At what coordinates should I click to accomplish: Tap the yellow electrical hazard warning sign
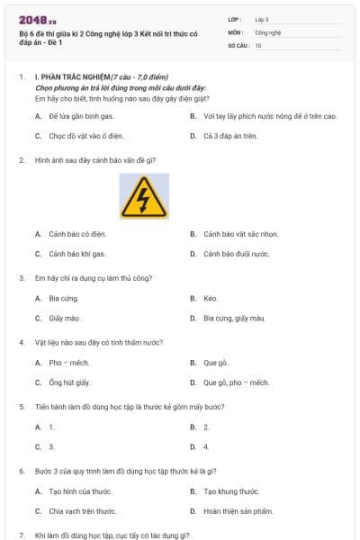click(137, 196)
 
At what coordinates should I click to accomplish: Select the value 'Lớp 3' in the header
click(262, 18)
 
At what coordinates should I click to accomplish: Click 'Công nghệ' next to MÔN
click(268, 31)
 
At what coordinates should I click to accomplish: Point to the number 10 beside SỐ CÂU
click(258, 44)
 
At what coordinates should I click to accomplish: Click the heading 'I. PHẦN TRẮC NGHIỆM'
click(72, 78)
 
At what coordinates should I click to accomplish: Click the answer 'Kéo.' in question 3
click(211, 298)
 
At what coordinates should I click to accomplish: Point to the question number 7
click(21, 535)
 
